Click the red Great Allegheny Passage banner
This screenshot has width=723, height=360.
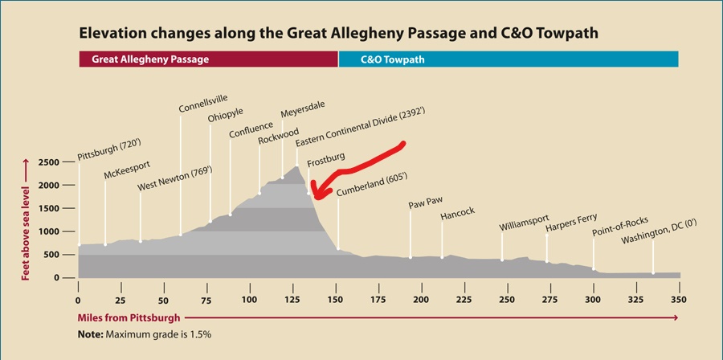[208, 59]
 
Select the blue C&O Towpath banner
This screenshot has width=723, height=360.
[509, 59]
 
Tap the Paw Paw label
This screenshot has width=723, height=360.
[426, 203]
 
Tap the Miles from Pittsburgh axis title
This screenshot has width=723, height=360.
[129, 317]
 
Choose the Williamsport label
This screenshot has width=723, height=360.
[525, 227]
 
